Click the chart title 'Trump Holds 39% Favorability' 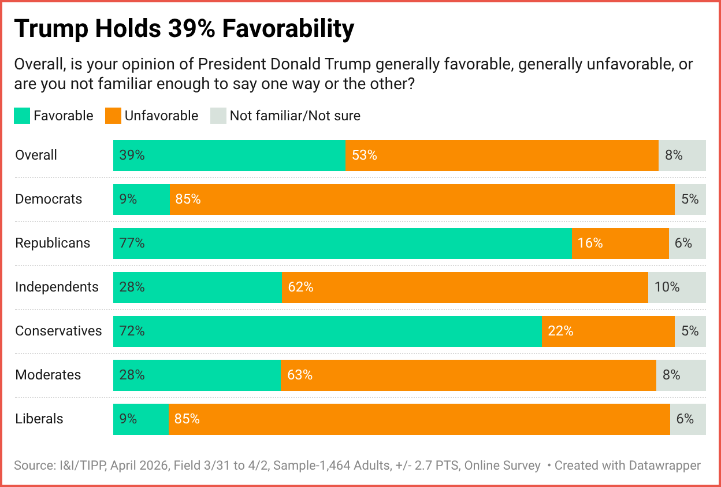[184, 29]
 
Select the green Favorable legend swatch [21, 116]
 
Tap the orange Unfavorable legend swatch [113, 116]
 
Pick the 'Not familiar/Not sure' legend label [295, 116]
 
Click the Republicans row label [53, 243]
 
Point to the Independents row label [57, 287]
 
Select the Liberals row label [39, 419]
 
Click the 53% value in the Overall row [364, 155]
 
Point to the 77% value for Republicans [132, 243]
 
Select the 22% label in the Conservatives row [560, 331]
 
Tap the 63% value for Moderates [300, 375]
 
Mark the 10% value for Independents [667, 287]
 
